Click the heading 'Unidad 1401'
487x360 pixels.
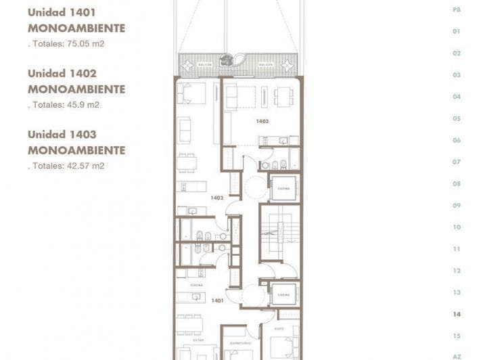coord(62,12)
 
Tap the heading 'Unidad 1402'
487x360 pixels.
coord(62,73)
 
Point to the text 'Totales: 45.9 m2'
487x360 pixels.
coord(65,105)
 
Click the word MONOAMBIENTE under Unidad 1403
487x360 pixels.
coord(76,150)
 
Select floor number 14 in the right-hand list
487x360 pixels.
coord(457,314)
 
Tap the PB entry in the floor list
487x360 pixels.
coord(457,9)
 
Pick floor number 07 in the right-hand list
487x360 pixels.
coord(457,162)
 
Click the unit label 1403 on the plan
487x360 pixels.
coord(262,121)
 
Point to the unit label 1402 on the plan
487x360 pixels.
coord(216,198)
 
